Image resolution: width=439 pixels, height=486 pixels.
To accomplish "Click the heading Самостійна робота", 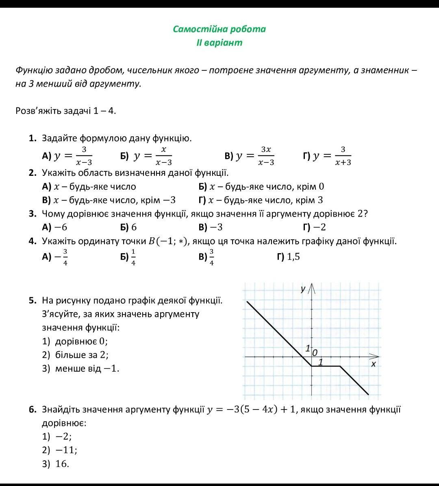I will (x=219, y=29).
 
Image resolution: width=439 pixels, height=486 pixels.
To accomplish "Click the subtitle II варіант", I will (x=219, y=42).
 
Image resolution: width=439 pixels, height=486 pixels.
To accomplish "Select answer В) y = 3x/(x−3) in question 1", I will (x=250, y=156).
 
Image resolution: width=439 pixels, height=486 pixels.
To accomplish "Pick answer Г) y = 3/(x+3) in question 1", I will (x=327, y=156).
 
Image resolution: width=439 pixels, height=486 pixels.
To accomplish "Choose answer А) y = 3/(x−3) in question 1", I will (x=67, y=156).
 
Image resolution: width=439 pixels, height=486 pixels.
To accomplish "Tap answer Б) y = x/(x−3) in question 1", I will (x=146, y=156).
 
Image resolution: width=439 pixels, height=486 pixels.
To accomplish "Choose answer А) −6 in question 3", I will (x=54, y=227).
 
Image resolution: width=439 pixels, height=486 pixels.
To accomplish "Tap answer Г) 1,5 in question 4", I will (x=288, y=256).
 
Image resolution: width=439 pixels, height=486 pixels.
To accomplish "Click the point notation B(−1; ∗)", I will (x=167, y=241).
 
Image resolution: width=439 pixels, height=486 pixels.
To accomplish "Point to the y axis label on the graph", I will (x=303, y=289).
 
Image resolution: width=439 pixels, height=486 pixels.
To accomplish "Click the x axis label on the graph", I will (x=373, y=364).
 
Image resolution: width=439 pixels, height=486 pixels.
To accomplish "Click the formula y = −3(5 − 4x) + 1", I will (x=252, y=409).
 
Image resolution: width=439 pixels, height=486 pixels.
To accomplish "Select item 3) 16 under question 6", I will (x=56, y=464).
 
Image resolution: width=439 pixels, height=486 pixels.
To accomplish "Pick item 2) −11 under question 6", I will (x=60, y=450).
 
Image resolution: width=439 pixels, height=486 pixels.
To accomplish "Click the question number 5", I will (x=33, y=300).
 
